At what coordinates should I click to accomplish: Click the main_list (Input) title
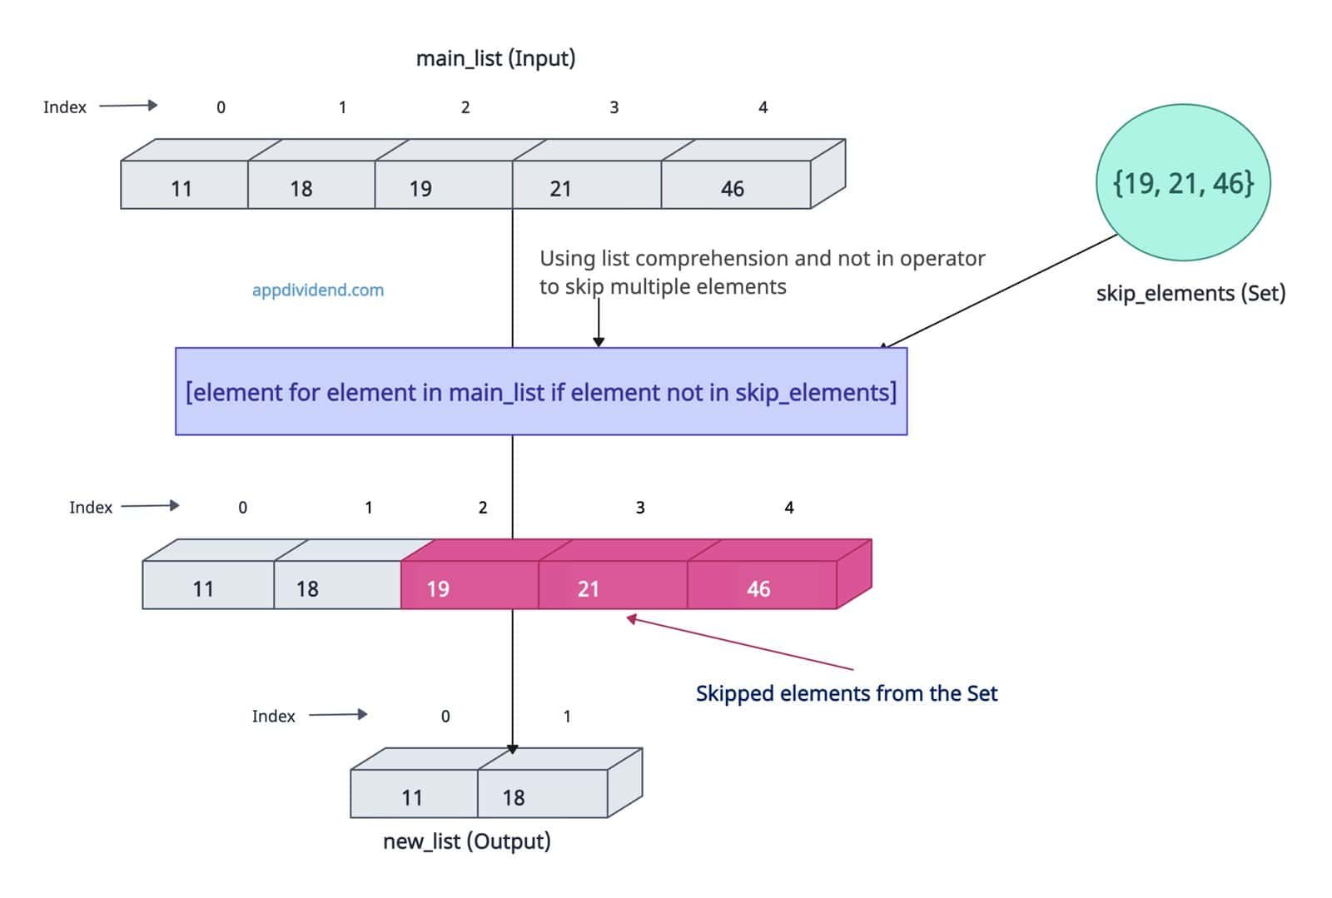tap(495, 58)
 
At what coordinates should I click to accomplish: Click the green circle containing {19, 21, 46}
tap(1183, 182)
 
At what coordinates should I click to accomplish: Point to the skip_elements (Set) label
tap(1190, 293)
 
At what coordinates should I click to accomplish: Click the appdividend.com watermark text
tap(318, 290)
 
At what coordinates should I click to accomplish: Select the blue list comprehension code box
tap(541, 391)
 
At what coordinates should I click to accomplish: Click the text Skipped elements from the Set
tap(846, 693)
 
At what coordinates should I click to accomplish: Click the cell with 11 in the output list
tap(414, 794)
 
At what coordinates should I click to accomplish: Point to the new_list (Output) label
tap(466, 841)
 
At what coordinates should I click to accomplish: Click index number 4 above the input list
tap(763, 107)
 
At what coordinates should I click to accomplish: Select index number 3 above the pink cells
tap(640, 508)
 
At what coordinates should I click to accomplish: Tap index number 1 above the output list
tap(567, 717)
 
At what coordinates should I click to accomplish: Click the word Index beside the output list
tap(273, 717)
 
